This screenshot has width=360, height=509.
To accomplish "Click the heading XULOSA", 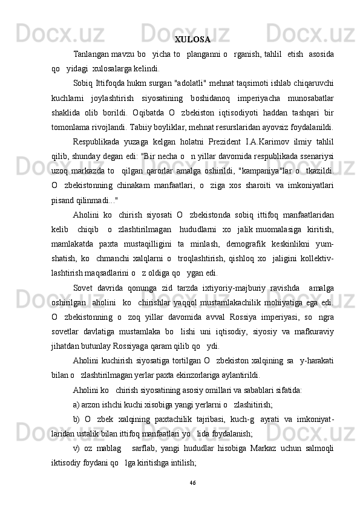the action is click(192, 41).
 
